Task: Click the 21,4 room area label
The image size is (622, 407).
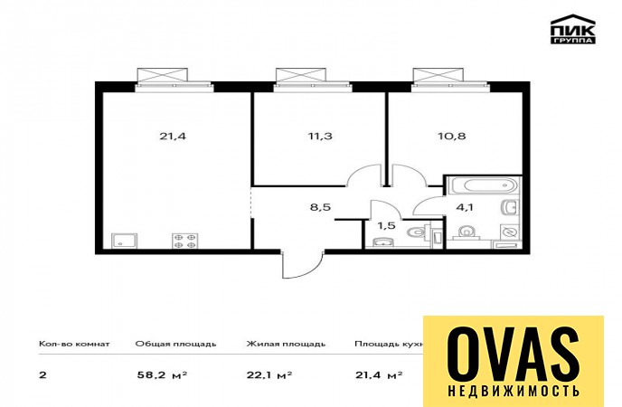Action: coord(173,136)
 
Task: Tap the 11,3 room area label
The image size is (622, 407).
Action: coord(320,136)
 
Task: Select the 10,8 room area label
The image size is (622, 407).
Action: coord(451,136)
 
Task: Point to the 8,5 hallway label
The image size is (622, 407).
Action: coord(320,207)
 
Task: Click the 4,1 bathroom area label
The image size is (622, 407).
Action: coord(465,207)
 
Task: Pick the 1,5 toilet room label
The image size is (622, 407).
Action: coord(386,226)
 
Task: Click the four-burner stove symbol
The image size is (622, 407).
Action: coord(184,241)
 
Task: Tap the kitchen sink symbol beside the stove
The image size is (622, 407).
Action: coord(125,241)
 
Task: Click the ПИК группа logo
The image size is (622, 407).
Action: coord(573,29)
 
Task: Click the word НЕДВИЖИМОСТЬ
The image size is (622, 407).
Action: coord(514,391)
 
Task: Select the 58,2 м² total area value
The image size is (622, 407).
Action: coord(162,374)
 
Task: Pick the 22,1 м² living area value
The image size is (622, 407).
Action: coord(269,374)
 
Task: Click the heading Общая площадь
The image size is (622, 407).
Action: coord(175,344)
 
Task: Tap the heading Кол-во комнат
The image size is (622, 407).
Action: coord(74,344)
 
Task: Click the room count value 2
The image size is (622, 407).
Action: coord(42,374)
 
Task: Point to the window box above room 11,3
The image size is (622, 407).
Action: coord(301,75)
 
